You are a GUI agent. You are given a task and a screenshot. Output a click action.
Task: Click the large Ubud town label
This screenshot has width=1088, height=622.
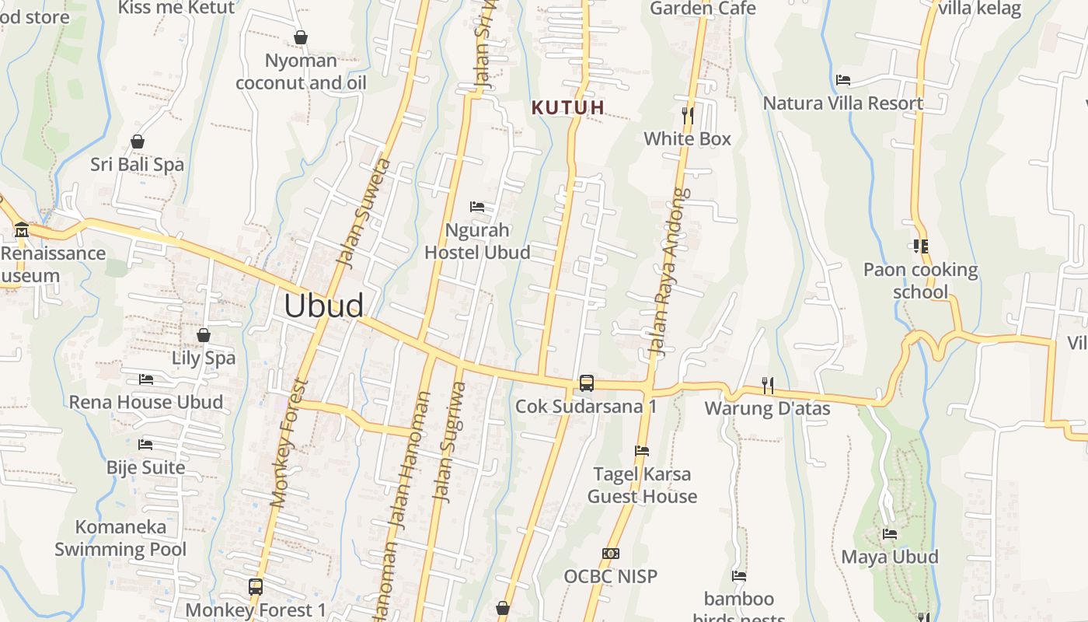[323, 306]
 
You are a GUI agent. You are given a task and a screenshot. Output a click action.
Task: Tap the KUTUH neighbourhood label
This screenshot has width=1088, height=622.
[568, 108]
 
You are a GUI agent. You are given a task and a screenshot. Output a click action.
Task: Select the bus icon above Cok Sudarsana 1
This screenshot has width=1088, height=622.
[587, 383]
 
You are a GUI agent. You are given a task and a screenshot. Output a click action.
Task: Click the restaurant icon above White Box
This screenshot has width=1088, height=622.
[688, 116]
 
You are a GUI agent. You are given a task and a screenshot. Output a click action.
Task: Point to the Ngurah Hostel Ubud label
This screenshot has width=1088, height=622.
[477, 241]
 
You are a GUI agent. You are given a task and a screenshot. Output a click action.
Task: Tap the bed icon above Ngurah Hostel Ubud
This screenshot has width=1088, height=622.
[477, 207]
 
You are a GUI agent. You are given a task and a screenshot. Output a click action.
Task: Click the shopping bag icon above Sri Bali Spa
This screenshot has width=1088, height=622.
[138, 142]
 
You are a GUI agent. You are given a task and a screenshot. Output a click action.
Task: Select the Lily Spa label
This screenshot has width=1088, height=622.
[204, 358]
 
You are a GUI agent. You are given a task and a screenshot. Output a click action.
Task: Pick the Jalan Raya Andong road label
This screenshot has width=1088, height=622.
[670, 272]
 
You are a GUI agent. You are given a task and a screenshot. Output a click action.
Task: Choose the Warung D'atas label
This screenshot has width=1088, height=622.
[767, 408]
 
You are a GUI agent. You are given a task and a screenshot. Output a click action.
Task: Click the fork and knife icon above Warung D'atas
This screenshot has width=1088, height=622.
[767, 385]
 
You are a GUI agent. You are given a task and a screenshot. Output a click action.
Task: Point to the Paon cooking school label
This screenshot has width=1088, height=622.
[921, 281]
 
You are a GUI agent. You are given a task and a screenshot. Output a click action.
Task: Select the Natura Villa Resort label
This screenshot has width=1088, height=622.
[843, 103]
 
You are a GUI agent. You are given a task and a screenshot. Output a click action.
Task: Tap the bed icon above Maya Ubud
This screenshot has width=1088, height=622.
[890, 534]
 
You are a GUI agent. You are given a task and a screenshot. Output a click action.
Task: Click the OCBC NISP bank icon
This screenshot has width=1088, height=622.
[610, 554]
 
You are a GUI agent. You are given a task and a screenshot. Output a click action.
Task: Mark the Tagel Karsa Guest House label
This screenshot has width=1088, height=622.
[642, 485]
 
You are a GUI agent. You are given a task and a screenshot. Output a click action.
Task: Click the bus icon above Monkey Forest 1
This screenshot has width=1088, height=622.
[256, 587]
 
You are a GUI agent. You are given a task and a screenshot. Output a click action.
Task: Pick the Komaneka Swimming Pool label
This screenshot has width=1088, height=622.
[120, 538]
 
